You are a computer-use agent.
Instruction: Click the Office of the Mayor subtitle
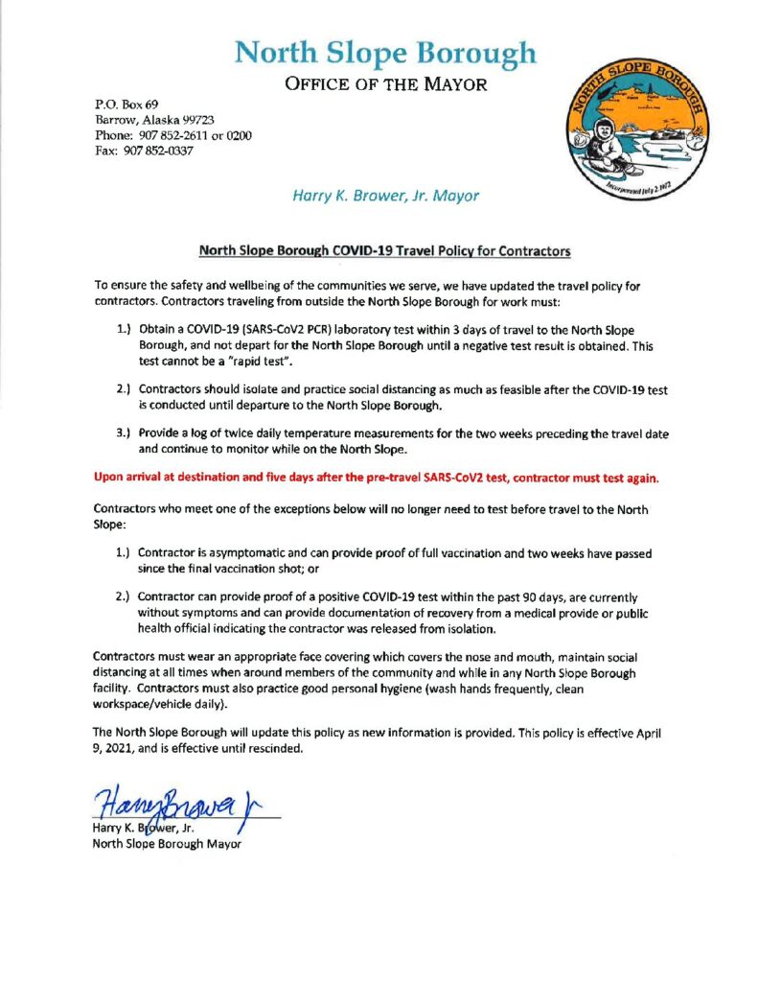385,85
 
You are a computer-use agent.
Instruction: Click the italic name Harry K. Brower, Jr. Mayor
384,196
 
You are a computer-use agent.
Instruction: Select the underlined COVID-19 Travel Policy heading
384,251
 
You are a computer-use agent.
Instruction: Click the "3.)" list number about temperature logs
124,433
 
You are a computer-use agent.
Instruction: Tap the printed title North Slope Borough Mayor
167,845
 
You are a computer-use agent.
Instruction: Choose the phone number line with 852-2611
172,135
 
